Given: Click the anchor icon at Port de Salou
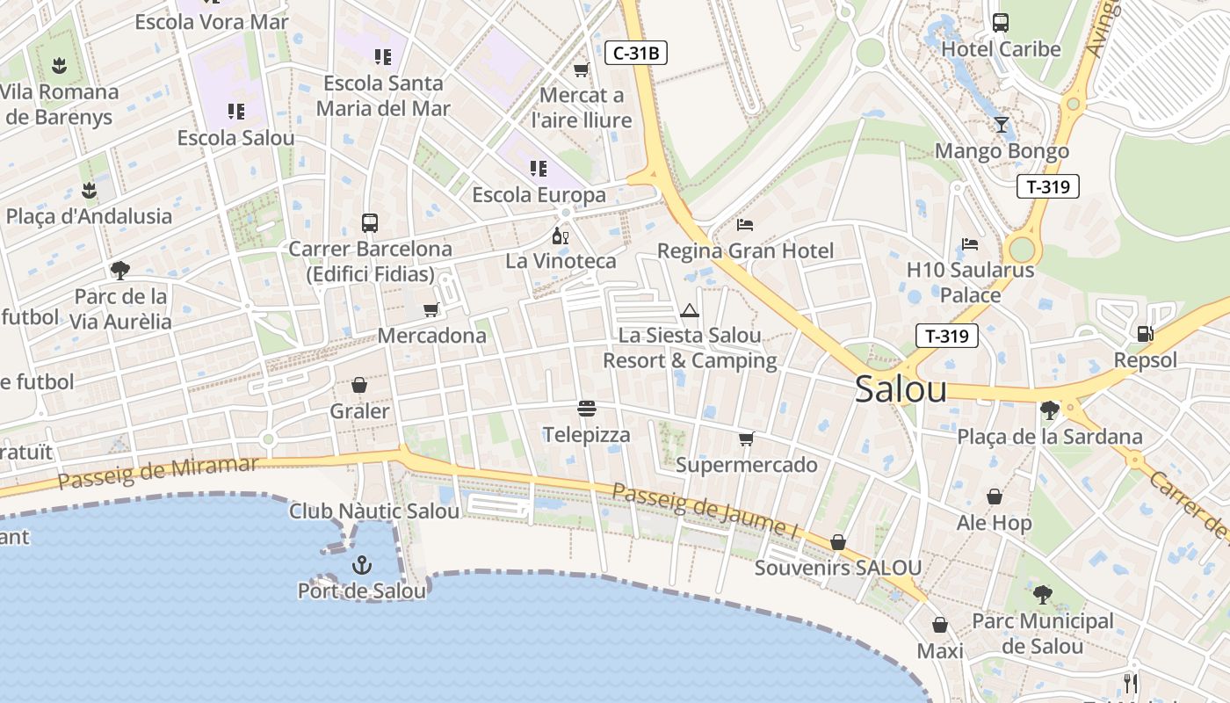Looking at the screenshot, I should (361, 565).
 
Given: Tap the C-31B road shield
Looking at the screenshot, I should (636, 53).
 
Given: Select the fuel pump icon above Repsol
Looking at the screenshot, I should (1145, 334).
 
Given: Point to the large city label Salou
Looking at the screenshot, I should (901, 389).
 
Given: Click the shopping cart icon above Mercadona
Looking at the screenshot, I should (430, 309).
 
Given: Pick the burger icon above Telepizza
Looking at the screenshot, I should (587, 409).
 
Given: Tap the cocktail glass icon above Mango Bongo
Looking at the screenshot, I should (1001, 125).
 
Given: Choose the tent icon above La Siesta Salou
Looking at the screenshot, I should (690, 310).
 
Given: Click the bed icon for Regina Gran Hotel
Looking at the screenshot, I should (745, 225).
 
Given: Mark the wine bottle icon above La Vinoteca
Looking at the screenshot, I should (560, 236).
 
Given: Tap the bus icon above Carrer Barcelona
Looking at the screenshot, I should (370, 223).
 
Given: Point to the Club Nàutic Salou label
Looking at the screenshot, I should (374, 511).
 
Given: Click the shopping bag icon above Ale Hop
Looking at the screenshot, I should (995, 497).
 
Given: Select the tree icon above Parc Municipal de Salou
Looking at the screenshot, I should (1042, 595).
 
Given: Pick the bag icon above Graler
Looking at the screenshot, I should (359, 385).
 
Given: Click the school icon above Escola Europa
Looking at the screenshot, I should (539, 168).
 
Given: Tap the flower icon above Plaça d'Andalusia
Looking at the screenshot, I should (89, 190).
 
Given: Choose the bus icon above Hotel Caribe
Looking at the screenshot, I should (1001, 23).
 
